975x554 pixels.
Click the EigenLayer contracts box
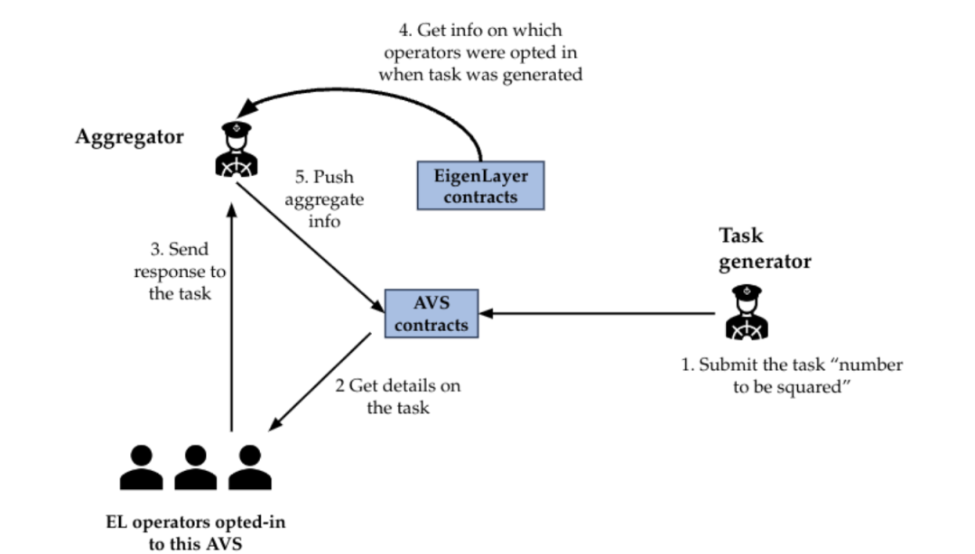click(479, 186)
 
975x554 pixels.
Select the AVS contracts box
click(431, 314)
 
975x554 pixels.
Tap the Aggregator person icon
click(237, 149)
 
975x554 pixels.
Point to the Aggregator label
click(130, 137)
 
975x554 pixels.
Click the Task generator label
click(764, 249)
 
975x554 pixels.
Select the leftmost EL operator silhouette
click(142, 467)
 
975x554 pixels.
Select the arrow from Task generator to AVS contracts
click(596, 314)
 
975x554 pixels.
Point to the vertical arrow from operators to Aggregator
click(232, 316)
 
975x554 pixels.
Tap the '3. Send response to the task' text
click(180, 272)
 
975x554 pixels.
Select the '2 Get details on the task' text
click(397, 397)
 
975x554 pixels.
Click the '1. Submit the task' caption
click(792, 376)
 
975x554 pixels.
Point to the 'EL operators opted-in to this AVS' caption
click(196, 532)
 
